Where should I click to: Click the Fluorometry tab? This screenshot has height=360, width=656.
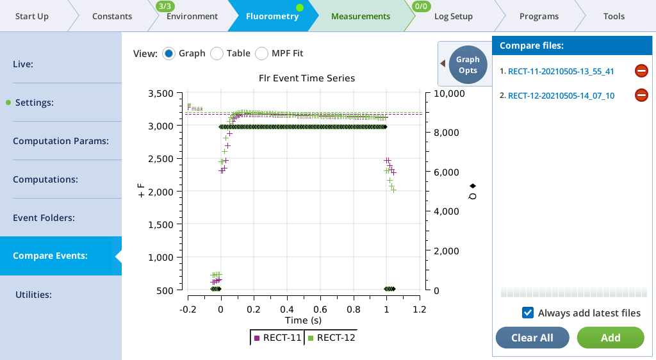(x=272, y=16)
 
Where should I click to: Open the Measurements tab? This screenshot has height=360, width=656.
(x=360, y=16)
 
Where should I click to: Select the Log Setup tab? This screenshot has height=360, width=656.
(x=453, y=16)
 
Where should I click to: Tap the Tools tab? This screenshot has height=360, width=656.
(x=614, y=16)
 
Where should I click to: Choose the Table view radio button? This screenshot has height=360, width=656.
(x=217, y=53)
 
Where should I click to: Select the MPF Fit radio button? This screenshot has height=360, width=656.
(x=262, y=53)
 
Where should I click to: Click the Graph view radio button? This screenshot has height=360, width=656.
(x=169, y=53)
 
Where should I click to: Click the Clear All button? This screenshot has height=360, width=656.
(x=532, y=338)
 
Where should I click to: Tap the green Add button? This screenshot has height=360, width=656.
(x=610, y=338)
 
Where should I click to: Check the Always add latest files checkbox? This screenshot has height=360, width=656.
(x=529, y=313)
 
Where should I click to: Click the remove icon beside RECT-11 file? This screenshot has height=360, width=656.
(x=641, y=71)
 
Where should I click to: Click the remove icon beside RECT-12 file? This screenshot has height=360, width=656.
(x=641, y=95)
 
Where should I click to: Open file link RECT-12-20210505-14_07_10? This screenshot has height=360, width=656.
(x=561, y=96)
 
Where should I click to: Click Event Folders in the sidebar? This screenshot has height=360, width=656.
(x=44, y=218)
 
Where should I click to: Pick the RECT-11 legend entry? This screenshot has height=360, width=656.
(x=278, y=338)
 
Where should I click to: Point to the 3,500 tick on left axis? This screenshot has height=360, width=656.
(x=161, y=94)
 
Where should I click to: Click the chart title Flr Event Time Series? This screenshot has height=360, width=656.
(x=302, y=78)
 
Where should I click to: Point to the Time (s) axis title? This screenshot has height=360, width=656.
(x=303, y=320)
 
